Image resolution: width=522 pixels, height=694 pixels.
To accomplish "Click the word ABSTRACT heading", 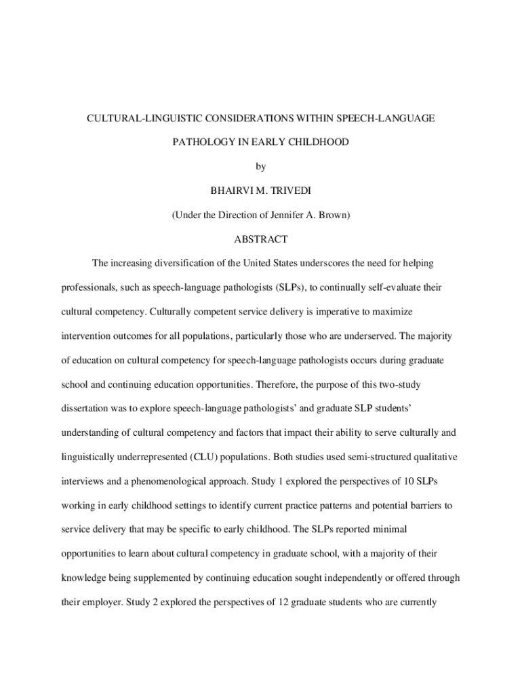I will pyautogui.click(x=261, y=239).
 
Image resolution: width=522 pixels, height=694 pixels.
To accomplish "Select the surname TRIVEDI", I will pyautogui.click(x=287, y=190).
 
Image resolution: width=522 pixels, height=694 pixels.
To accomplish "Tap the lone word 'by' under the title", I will pyautogui.click(x=261, y=166).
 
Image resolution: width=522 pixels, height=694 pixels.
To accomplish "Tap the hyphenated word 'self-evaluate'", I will pyautogui.click(x=375, y=287).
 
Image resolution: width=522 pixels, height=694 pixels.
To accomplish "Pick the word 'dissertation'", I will pyautogui.click(x=85, y=409).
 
